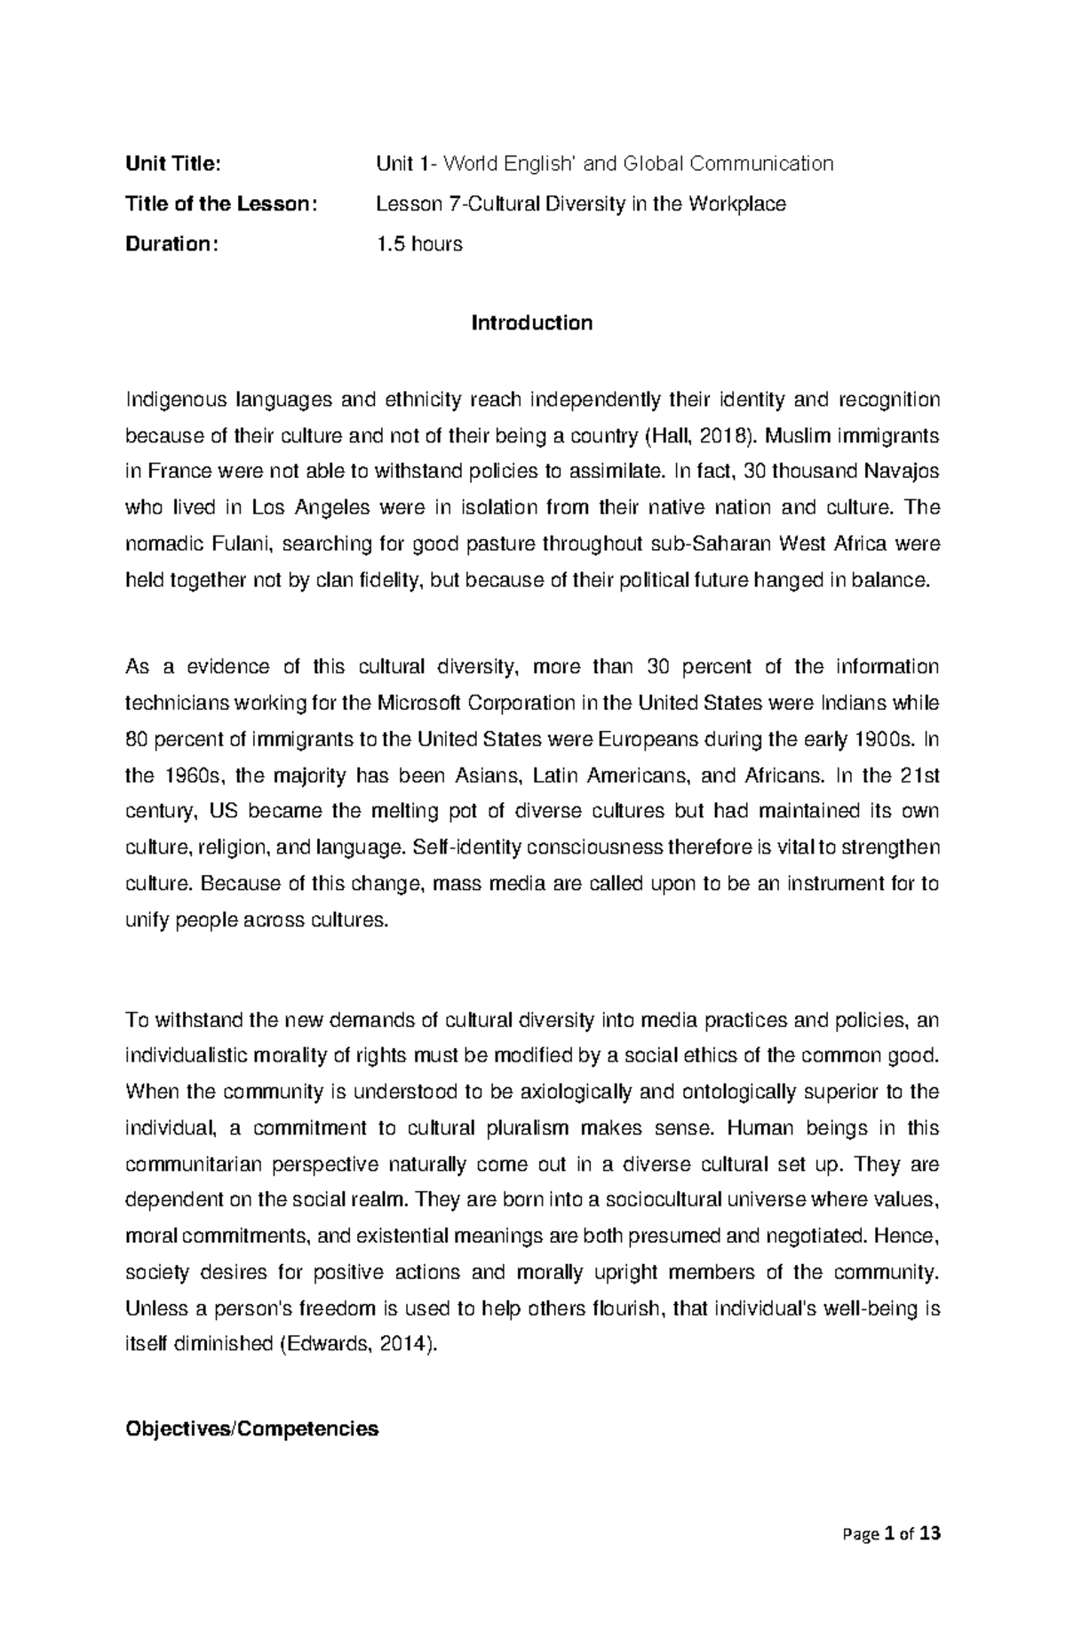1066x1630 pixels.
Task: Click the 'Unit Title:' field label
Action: click(x=172, y=164)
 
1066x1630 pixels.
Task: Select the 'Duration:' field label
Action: click(x=171, y=244)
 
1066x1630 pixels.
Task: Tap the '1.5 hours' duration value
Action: click(x=419, y=244)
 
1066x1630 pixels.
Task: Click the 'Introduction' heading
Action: click(x=532, y=323)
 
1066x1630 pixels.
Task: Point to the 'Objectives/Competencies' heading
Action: click(x=252, y=1429)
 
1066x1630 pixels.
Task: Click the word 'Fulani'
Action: click(x=243, y=544)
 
